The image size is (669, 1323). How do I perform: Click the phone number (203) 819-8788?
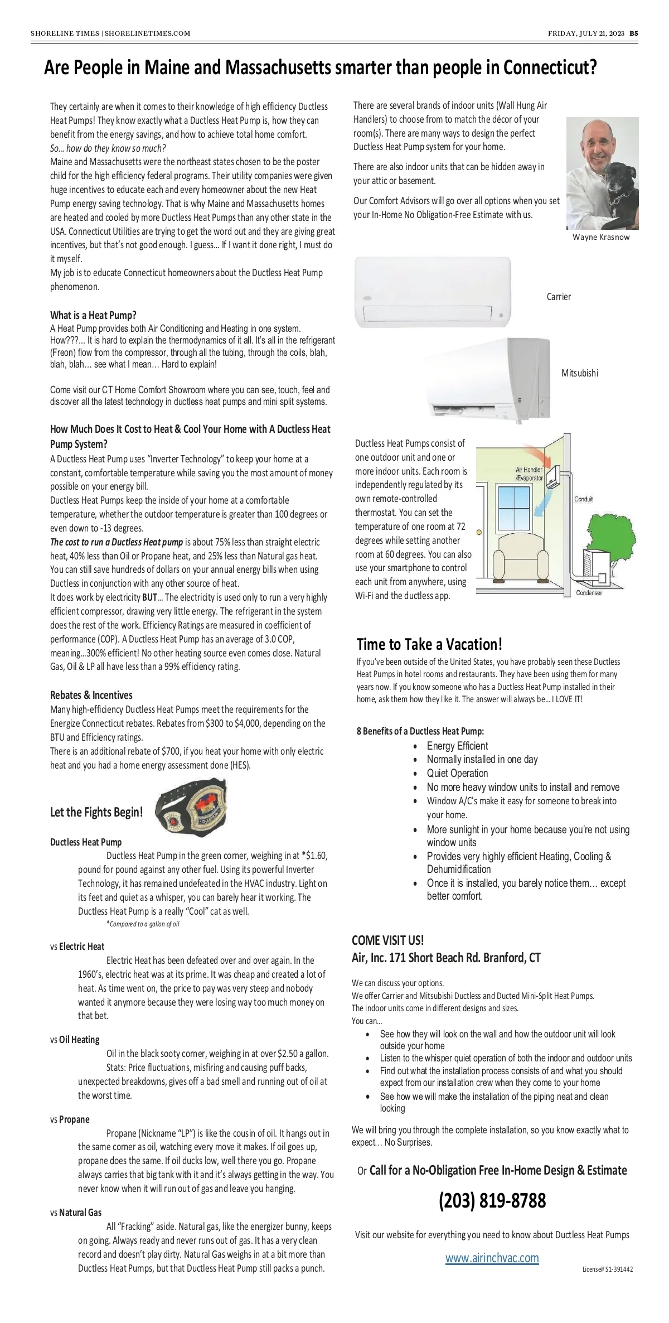point(492,1200)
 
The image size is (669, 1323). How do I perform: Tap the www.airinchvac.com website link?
point(492,1257)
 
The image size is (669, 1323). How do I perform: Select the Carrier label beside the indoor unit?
point(559,297)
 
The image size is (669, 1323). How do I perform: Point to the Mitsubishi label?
point(580,373)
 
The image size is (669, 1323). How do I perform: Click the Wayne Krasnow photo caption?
point(601,237)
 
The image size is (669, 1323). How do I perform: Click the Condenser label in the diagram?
point(589,593)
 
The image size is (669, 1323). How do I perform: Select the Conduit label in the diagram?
point(584,499)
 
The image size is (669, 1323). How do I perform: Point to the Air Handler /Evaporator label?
point(529,474)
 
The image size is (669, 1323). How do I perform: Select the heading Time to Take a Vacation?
point(429,644)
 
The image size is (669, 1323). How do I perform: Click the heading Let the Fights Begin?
point(96,812)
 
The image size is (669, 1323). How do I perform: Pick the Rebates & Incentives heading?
point(91,695)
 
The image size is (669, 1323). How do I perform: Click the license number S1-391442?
point(608,1269)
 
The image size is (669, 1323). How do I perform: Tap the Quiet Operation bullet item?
point(457,773)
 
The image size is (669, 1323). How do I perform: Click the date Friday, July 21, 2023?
point(586,33)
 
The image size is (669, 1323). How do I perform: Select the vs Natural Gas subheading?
point(76,1213)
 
